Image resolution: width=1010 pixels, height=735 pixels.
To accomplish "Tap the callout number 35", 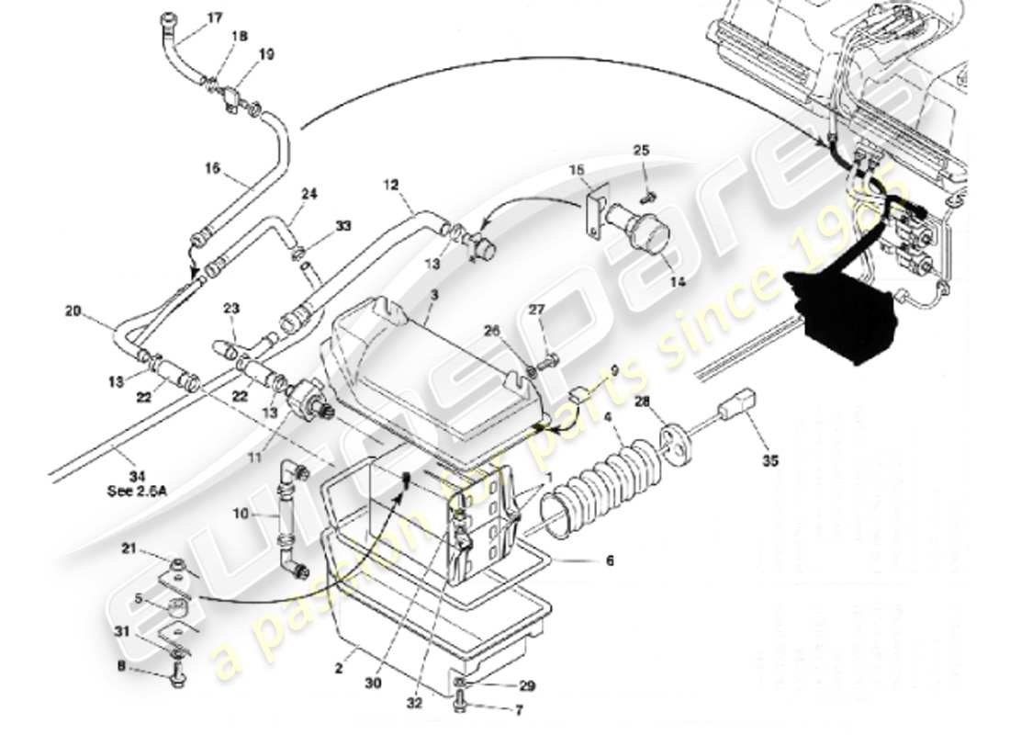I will coord(770,461).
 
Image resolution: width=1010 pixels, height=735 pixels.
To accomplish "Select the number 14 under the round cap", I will coord(677,281).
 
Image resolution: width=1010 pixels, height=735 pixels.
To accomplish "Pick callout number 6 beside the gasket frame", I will coord(609,560).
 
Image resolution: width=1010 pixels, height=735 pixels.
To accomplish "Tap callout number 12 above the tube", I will coord(390,185).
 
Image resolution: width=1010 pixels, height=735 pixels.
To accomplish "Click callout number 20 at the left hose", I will coord(73,310).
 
